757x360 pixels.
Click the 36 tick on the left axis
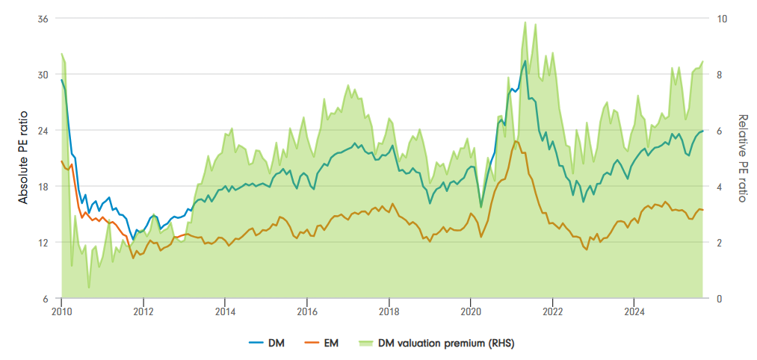[x=43, y=19]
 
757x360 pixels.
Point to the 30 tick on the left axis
[x=43, y=75]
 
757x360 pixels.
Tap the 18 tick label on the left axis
[x=43, y=187]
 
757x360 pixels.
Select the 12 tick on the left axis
[x=43, y=243]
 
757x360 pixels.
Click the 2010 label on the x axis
[x=61, y=311]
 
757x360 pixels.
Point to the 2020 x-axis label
[x=470, y=311]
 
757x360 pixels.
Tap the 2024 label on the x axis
[x=634, y=311]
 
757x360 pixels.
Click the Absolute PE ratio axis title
[x=23, y=159]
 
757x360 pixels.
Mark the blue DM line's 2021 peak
[x=525, y=60]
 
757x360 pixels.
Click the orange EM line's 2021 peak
[x=516, y=140]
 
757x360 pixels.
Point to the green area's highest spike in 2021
[x=525, y=22]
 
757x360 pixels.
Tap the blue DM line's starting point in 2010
[x=61, y=79]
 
